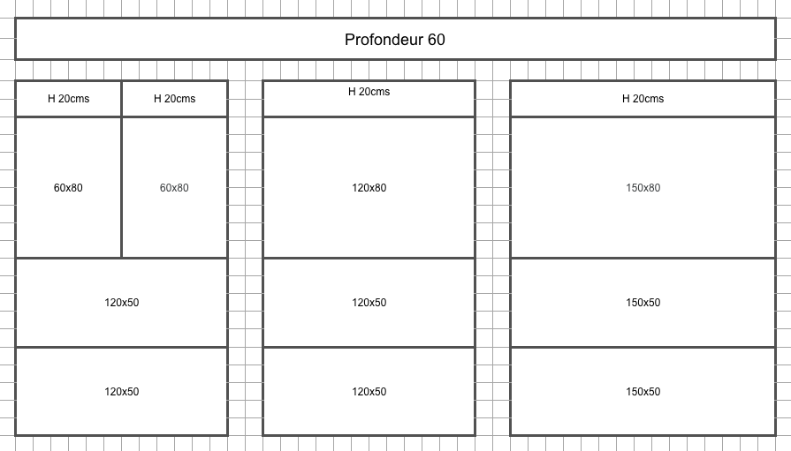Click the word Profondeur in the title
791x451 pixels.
(384, 40)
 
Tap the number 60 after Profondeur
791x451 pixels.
(437, 40)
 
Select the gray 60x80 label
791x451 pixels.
(174, 188)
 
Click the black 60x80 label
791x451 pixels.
(68, 188)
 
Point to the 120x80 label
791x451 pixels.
(369, 188)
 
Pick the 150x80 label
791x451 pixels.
(643, 188)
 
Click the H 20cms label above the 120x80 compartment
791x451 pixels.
(369, 92)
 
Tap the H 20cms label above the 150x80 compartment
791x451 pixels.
(643, 99)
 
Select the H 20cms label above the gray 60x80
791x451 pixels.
(174, 99)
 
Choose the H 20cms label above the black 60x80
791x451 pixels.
(69, 99)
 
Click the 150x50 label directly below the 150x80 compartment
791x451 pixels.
(643, 303)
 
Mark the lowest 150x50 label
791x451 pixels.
(643, 392)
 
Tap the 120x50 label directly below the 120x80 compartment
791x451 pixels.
(369, 303)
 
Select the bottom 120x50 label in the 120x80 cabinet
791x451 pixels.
(369, 392)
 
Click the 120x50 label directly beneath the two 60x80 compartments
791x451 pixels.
(122, 303)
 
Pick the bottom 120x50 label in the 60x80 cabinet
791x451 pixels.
(122, 392)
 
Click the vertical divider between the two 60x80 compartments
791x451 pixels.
(122, 187)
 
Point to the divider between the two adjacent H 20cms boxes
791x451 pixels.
(122, 99)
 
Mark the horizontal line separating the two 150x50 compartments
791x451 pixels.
(643, 347)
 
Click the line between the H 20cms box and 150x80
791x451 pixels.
(643, 117)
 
